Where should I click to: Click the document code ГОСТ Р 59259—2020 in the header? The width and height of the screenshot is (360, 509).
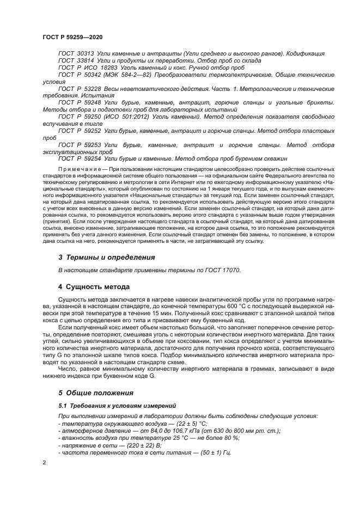72,36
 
